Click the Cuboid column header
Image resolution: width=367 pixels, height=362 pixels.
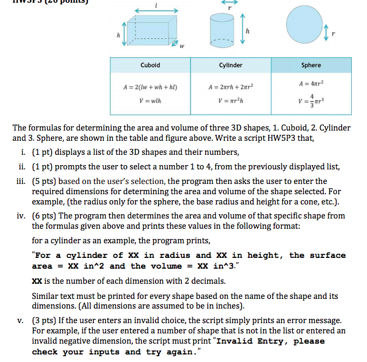[x=150, y=65]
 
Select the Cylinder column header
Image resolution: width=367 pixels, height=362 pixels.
[x=230, y=65]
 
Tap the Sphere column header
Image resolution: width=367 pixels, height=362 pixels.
[x=311, y=65]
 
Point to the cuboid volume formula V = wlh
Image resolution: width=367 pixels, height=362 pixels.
[x=150, y=100]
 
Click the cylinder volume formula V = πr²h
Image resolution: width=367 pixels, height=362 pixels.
[x=230, y=100]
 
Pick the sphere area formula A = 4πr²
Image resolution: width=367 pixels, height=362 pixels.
[x=311, y=84]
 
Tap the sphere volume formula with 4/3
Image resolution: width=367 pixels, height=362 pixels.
[x=311, y=101]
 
